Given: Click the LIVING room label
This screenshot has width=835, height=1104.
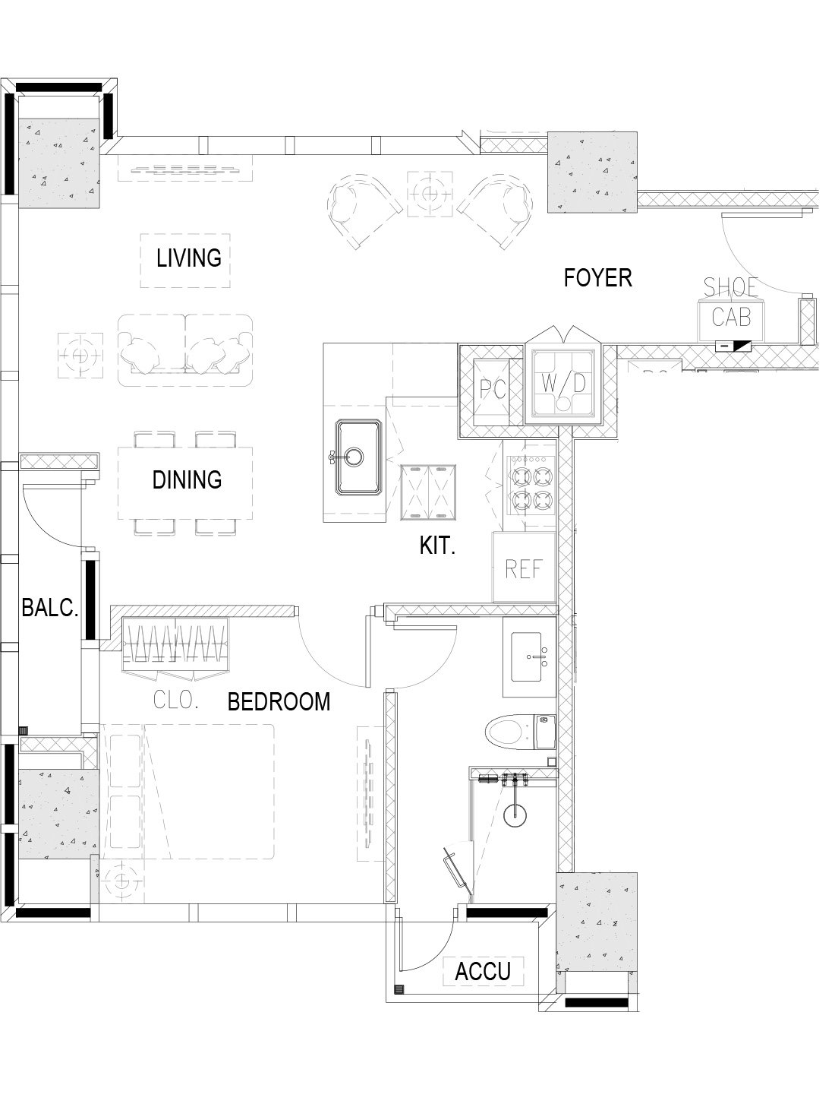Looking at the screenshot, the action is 188,258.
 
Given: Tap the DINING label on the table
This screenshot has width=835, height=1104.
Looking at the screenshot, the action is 187,480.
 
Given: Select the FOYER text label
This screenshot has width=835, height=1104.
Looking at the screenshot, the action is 597,277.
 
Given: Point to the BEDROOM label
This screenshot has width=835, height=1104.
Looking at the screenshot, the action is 279,701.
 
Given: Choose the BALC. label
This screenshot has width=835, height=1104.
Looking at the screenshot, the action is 50,608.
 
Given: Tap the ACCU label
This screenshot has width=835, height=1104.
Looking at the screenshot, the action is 482,971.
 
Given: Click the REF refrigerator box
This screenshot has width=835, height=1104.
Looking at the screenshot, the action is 524,568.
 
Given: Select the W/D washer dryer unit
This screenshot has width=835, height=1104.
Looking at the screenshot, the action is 563,383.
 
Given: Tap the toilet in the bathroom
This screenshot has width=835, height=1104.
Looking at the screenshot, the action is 521,734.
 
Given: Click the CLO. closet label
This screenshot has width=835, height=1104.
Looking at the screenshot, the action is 175,700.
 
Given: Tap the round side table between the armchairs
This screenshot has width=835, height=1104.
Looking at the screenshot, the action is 430,194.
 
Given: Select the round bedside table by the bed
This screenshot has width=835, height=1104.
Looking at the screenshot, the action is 121,880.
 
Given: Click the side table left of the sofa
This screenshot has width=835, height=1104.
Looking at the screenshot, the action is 80,355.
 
